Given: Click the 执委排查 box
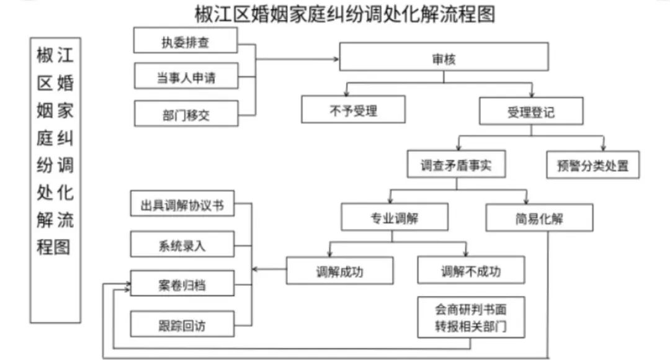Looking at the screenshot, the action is click(x=185, y=40).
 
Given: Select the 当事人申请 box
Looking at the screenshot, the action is click(x=186, y=76).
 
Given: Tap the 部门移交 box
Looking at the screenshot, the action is click(x=186, y=114).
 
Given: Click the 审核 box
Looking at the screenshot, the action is click(x=444, y=56).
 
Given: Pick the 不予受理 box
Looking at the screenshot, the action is click(x=354, y=109).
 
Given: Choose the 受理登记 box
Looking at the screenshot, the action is click(x=531, y=111).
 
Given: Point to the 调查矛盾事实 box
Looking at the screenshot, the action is click(x=457, y=164).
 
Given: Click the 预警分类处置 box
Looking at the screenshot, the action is click(x=593, y=164).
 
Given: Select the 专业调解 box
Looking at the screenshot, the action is click(x=395, y=217).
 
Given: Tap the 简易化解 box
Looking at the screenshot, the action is click(x=539, y=218).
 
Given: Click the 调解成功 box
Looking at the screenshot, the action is click(x=340, y=271).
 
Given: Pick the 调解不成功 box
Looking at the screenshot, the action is click(x=471, y=270).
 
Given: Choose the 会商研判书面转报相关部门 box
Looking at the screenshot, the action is click(x=471, y=317).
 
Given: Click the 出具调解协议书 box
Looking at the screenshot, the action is click(x=182, y=203).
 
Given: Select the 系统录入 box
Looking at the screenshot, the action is click(x=182, y=244).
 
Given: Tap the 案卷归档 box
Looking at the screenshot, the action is click(x=182, y=283).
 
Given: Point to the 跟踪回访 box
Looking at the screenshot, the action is click(x=182, y=324).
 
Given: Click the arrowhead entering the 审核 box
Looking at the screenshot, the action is click(x=336, y=59).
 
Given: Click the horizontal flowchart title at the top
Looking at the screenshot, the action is click(x=345, y=14).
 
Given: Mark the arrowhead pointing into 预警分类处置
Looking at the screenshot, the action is click(x=604, y=148).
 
